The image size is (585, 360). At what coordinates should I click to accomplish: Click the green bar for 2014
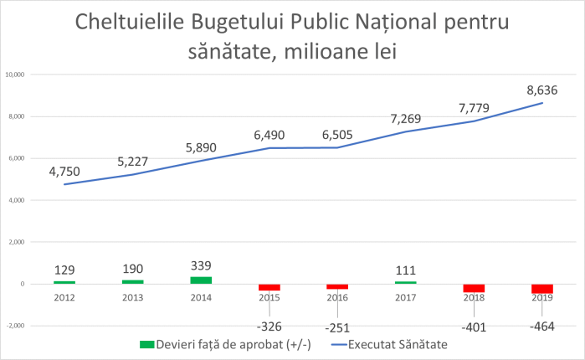[201, 280]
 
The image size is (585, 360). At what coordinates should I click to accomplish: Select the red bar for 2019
[542, 289]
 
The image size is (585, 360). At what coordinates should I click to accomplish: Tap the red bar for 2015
[269, 287]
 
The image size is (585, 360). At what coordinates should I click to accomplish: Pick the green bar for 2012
[64, 282]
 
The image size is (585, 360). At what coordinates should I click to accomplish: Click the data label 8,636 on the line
[541, 90]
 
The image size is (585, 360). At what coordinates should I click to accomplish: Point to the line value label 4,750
[64, 172]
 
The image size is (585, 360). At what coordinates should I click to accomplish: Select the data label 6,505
[336, 134]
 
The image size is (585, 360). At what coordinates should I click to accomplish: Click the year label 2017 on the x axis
[405, 296]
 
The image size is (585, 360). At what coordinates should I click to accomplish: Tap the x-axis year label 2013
[132, 296]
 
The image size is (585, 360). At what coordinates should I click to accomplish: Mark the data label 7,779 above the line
[474, 107]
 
